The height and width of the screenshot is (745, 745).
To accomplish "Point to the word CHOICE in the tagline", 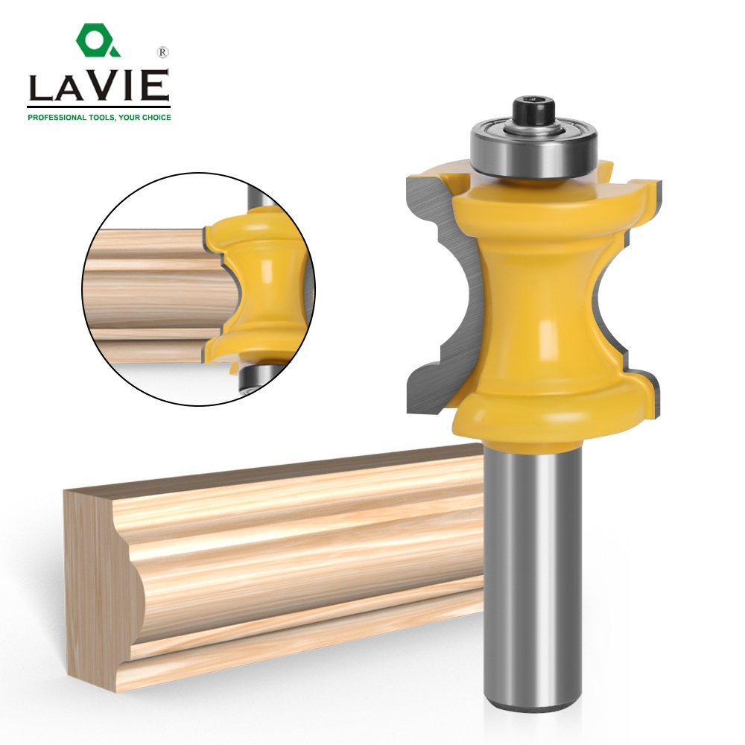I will [153, 117].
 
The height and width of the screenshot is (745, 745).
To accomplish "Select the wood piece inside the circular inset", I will [149, 283].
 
